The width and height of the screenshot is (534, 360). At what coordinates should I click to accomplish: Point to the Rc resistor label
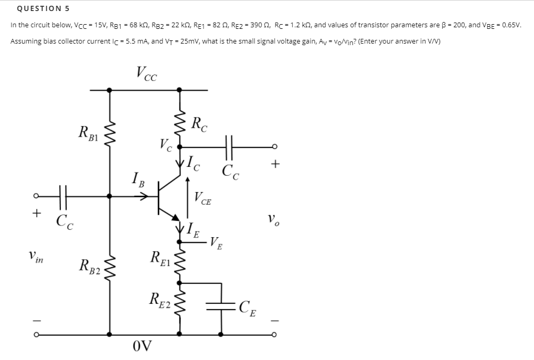pyautogui.click(x=200, y=124)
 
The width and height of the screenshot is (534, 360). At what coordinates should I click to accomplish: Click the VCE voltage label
pyautogui.click(x=202, y=198)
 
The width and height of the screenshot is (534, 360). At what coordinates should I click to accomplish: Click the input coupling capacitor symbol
pyautogui.click(x=63, y=196)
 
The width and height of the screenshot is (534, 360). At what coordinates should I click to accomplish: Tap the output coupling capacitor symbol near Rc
pyautogui.click(x=230, y=146)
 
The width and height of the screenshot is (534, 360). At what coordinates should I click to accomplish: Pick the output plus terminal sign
pyautogui.click(x=273, y=164)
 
